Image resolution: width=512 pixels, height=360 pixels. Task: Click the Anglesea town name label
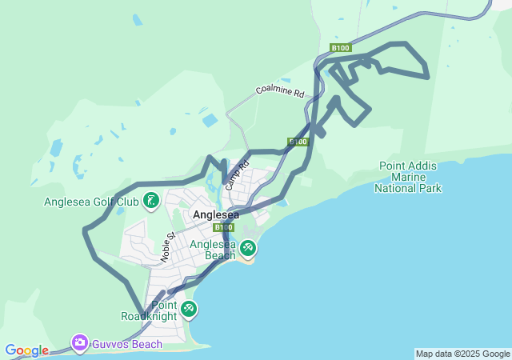(x=216, y=214)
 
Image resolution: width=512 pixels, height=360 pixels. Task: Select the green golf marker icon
(x=150, y=200)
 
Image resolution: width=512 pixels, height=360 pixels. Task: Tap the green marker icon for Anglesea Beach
(x=248, y=249)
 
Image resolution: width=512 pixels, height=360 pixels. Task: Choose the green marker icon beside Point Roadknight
(x=188, y=309)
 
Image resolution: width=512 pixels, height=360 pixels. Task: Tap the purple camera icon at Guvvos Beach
(x=79, y=344)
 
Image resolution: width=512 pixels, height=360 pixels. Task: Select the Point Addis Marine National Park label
(x=408, y=177)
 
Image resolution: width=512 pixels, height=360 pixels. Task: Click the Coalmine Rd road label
(x=280, y=91)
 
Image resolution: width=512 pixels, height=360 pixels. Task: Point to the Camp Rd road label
(x=232, y=174)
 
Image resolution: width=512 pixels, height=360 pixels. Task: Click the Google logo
(x=26, y=350)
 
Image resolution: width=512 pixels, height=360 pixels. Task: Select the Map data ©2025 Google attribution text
(x=462, y=354)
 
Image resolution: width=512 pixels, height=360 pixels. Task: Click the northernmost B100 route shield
(x=341, y=49)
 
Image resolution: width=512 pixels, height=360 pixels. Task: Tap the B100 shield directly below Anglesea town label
(x=223, y=227)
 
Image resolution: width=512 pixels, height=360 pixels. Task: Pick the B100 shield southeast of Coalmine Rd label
(x=298, y=142)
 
